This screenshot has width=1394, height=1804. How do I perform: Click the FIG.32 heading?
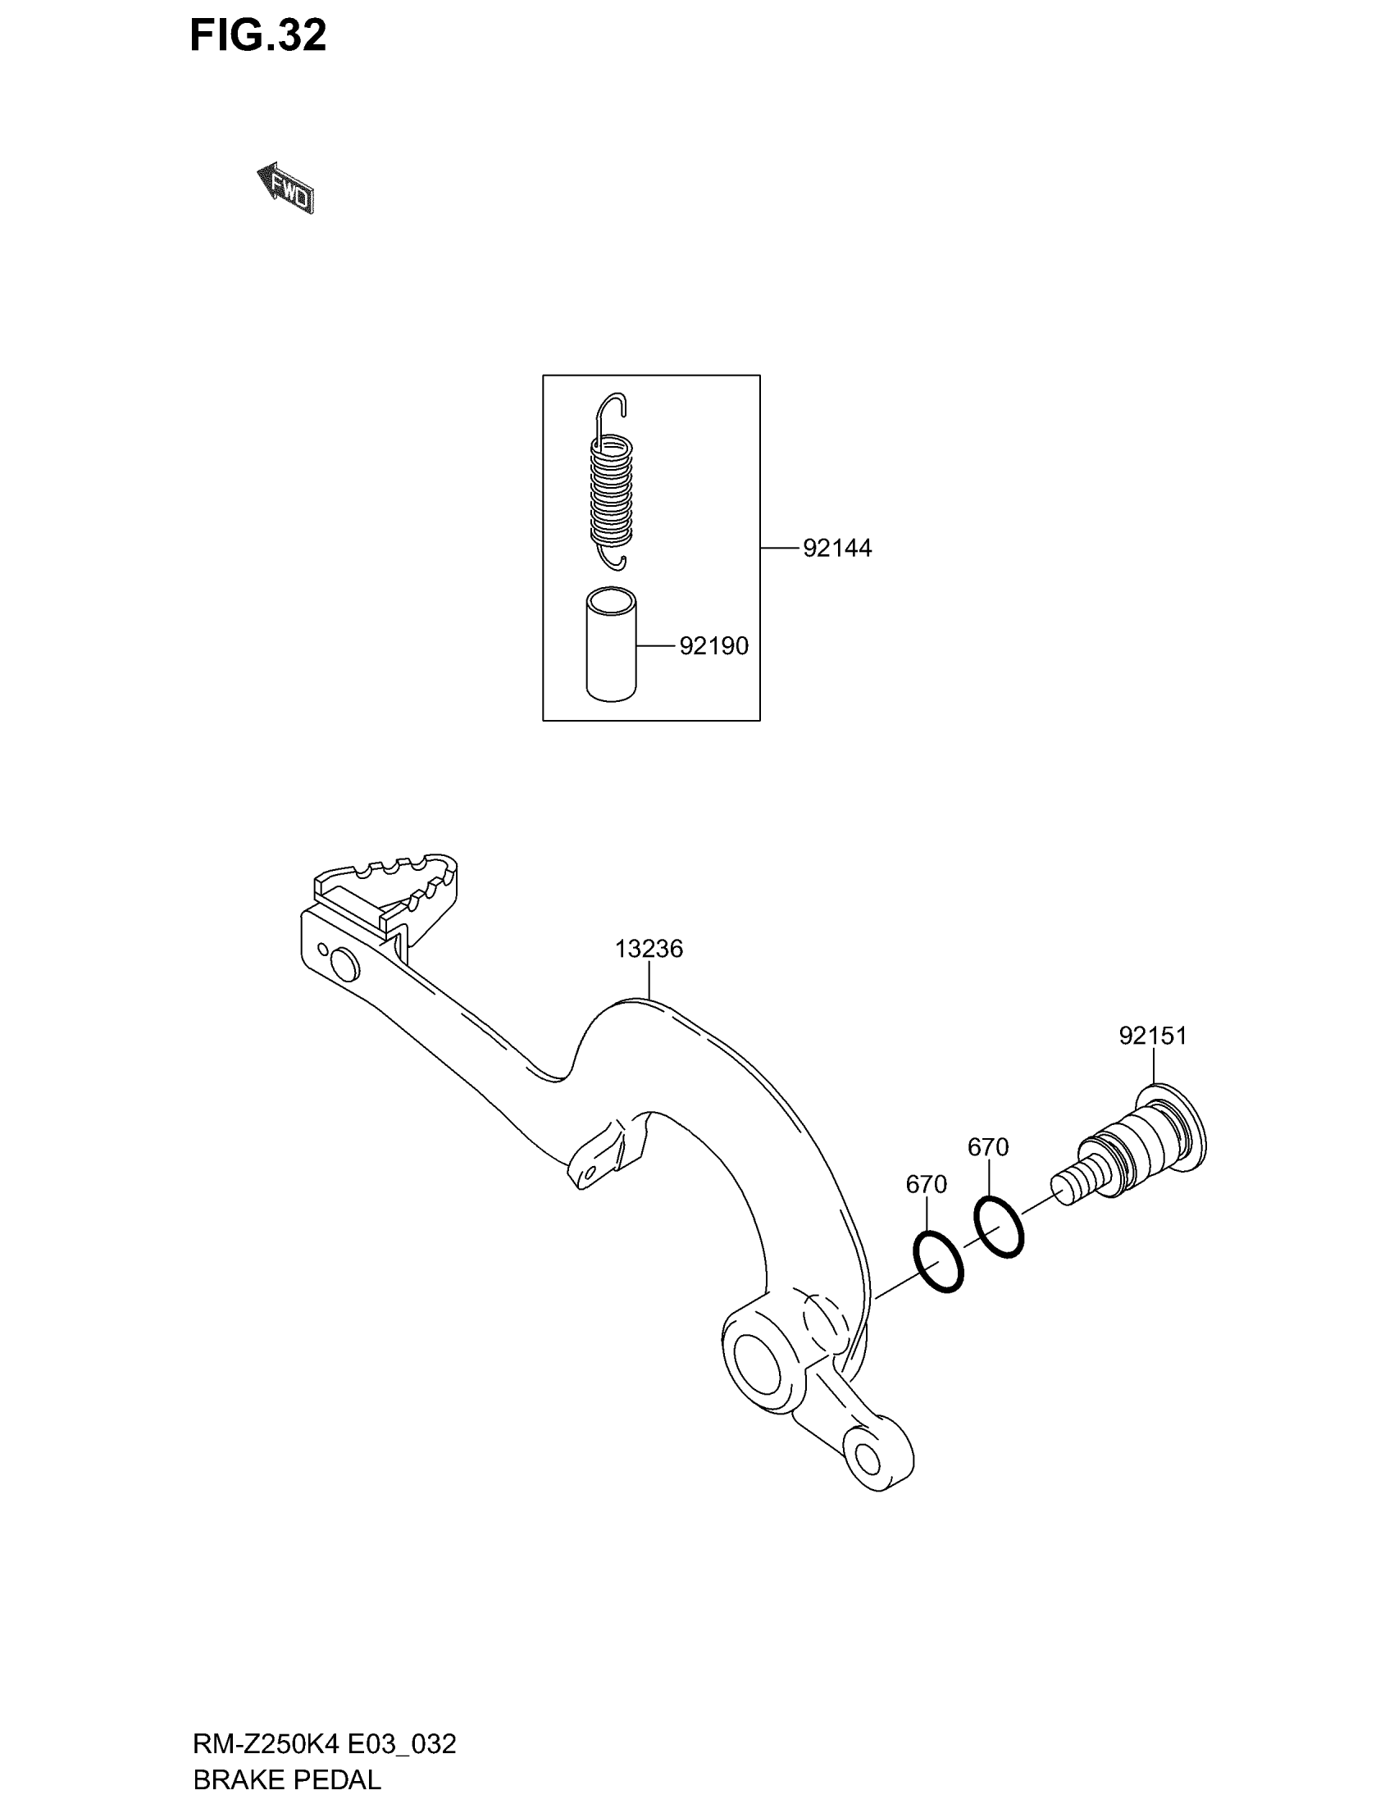point(257,36)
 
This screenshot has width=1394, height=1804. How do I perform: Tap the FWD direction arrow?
point(285,189)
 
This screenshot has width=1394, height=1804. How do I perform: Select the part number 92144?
point(836,549)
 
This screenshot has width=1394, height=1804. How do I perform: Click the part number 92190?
point(713,646)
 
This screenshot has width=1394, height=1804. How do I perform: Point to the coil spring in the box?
point(611,492)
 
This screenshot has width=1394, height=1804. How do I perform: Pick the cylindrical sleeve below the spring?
point(612,645)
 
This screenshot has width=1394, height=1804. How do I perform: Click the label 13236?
point(649,949)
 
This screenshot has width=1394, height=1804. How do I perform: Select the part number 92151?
point(1153,1035)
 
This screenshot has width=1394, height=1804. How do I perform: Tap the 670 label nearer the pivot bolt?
point(988,1147)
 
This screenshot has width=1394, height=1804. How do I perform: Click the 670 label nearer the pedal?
point(926,1185)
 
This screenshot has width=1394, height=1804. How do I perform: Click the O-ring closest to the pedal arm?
point(939,1261)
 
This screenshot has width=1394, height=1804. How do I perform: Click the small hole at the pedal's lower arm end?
point(868,1460)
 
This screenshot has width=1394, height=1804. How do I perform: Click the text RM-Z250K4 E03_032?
point(324,1743)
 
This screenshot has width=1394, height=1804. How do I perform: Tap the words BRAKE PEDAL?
point(286,1779)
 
